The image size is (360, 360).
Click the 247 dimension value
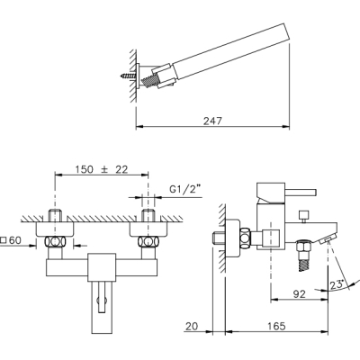pos(212,121)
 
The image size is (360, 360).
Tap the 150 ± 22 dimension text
pos(102,169)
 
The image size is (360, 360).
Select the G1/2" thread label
pos(185,190)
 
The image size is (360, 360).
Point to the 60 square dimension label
pos(12,240)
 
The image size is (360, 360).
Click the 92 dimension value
pos(298,294)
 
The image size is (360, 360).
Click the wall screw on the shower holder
pos(129,76)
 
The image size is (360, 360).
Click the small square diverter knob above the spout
pos(303,215)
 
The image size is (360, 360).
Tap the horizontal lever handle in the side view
pos(301,192)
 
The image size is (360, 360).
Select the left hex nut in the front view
pos(55,242)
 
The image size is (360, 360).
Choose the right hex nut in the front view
pos(148,242)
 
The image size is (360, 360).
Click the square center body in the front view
pos(102,267)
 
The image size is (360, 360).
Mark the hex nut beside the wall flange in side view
pos(245,238)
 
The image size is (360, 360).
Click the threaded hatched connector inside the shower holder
pos(149,81)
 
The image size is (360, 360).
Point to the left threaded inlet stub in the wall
pos(55,216)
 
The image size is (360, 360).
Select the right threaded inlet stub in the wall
pos(148,216)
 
